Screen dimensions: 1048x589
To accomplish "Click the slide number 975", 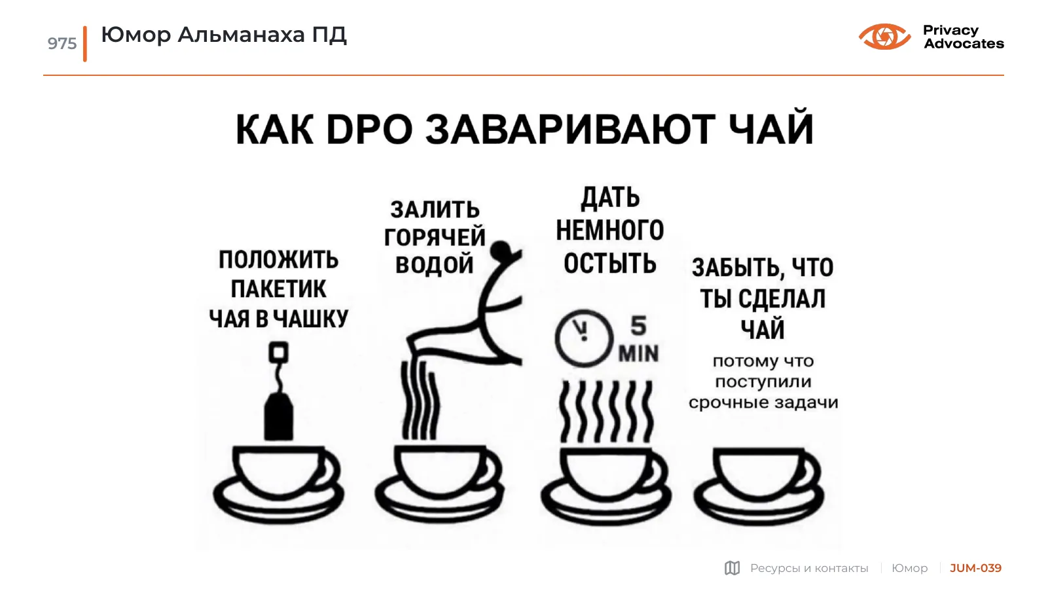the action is (62, 43).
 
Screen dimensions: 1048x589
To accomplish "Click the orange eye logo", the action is (884, 37).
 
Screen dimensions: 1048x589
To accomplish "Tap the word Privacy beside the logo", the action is (950, 31).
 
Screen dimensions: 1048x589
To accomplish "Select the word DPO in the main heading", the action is (369, 130).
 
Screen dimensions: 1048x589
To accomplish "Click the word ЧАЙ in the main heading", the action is (771, 127).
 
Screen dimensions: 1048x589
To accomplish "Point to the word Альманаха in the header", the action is (241, 35).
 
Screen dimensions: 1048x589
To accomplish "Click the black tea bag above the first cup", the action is (279, 416).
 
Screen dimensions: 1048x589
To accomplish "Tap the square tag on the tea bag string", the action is (278, 352).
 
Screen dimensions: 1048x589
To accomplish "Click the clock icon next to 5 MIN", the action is (584, 337).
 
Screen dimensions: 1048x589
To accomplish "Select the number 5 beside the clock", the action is (638, 326).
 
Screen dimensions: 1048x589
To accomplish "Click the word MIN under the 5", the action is (639, 353).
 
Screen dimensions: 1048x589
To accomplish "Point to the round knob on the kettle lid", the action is (501, 251).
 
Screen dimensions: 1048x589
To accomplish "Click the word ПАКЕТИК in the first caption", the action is (278, 289).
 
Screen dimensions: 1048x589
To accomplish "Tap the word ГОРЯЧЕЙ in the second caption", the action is (435, 237).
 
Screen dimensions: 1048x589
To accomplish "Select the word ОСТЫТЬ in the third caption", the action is (609, 263).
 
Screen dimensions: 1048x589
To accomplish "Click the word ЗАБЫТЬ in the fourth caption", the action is (736, 268).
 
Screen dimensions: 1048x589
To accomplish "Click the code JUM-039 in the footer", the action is (975, 568).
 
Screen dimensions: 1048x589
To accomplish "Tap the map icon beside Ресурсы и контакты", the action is (732, 568).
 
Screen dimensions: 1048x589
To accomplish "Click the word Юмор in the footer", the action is (909, 568).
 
